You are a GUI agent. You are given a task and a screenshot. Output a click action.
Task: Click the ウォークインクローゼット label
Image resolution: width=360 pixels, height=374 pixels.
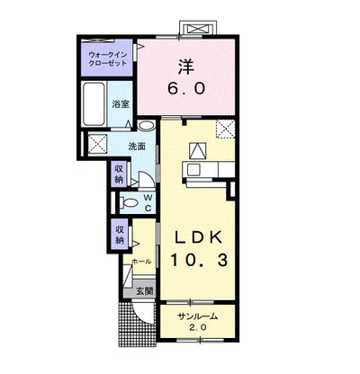(x=108, y=59)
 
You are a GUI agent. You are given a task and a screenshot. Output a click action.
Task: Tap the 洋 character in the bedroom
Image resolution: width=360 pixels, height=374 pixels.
(x=186, y=67)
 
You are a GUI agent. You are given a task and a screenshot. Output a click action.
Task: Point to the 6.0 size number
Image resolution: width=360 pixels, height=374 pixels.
(x=186, y=88)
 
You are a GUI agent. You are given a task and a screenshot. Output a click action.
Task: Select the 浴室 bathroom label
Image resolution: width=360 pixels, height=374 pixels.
(x=121, y=104)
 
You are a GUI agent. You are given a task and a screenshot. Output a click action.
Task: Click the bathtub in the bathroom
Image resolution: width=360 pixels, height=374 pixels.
(x=94, y=104)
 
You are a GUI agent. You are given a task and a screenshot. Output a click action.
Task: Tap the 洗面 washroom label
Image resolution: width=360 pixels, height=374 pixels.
(x=137, y=147)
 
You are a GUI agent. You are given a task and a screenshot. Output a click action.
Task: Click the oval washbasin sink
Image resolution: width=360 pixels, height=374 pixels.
(x=147, y=125)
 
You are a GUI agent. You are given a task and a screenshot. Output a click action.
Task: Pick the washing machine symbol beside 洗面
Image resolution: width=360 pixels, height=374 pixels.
(x=98, y=144)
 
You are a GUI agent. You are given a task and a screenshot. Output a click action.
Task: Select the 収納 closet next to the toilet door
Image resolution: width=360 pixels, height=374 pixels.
(x=120, y=174)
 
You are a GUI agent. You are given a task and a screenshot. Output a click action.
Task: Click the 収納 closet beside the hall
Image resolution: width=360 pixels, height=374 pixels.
(x=120, y=235)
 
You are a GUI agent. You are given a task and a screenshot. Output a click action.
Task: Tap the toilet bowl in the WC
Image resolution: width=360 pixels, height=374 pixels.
(x=130, y=203)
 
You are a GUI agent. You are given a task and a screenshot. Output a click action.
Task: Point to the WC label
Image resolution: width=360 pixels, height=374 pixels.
(x=148, y=202)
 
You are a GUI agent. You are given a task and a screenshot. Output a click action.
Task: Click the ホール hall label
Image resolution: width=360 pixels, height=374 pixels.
(x=141, y=262)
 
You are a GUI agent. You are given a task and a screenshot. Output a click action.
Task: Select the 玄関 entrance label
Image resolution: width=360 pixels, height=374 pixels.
(x=145, y=291)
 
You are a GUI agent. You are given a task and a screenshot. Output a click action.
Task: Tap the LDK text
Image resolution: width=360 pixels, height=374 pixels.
(x=199, y=237)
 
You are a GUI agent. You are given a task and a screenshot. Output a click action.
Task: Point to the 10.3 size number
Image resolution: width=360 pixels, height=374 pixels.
(x=199, y=260)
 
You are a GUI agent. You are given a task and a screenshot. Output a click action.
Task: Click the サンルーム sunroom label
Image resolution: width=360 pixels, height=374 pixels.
(x=197, y=316)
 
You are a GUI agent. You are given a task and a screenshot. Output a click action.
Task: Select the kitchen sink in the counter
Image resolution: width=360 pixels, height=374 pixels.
(x=193, y=170)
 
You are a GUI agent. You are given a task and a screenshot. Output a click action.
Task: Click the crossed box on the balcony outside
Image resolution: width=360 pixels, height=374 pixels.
(x=198, y=29)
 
